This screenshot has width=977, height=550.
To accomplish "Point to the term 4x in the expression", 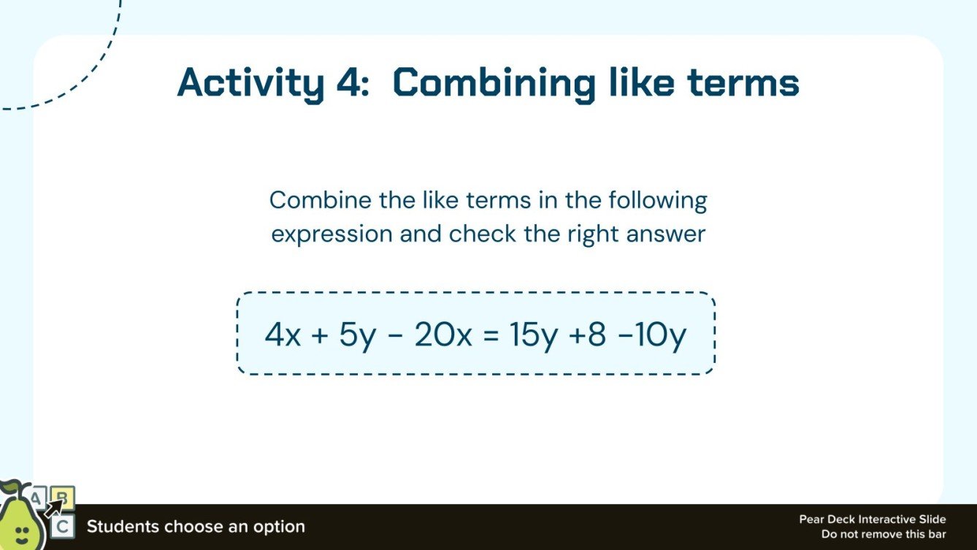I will coord(282,335).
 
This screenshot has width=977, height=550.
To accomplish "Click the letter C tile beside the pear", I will coord(63,526).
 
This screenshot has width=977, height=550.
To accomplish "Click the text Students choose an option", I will coord(196,527).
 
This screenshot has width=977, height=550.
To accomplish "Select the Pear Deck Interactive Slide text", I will coord(872,520).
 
